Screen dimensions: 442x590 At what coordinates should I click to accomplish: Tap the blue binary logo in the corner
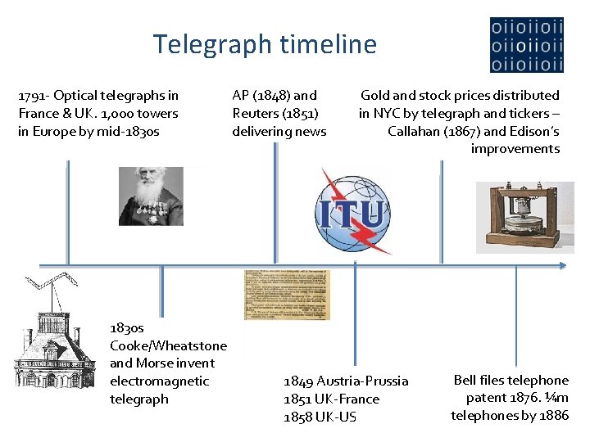(526, 45)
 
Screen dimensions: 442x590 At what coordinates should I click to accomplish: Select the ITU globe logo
(352, 210)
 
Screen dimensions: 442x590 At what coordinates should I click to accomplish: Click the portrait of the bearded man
(151, 196)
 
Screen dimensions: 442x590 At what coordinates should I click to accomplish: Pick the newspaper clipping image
(287, 295)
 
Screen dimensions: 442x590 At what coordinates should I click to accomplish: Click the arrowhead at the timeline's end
(561, 265)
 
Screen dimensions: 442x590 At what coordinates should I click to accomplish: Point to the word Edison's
(534, 131)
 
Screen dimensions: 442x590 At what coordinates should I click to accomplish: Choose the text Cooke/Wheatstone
(168, 345)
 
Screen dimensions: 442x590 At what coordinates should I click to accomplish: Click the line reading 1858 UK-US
(320, 417)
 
